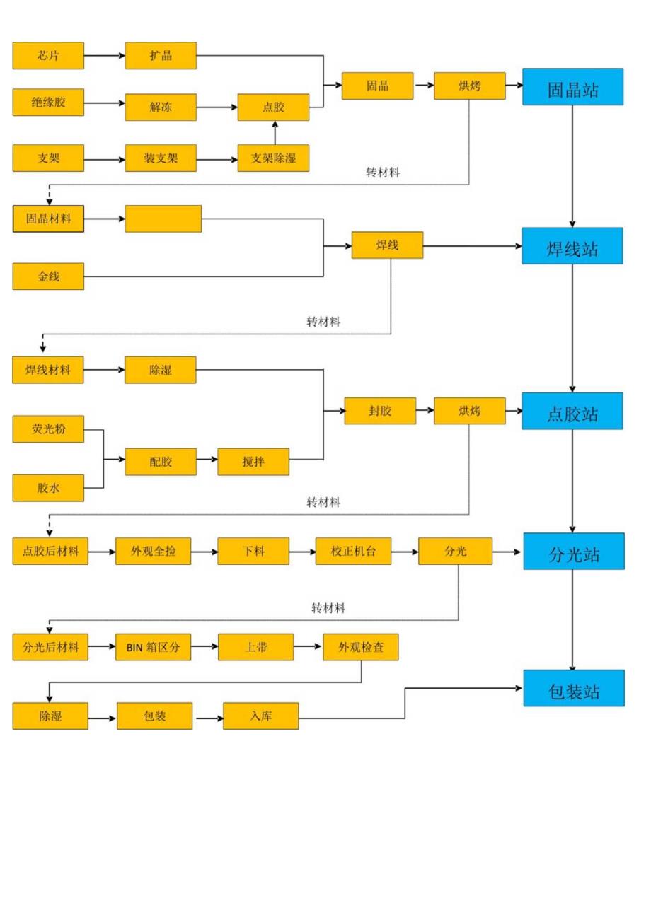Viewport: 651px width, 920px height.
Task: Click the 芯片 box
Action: click(x=48, y=56)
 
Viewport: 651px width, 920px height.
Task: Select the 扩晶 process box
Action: click(x=161, y=56)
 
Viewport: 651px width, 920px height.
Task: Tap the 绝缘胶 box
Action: click(x=48, y=103)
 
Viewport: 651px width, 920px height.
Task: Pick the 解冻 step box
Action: click(x=161, y=107)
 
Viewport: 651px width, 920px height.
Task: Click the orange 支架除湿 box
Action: click(x=273, y=158)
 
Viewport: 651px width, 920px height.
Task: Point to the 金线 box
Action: click(x=48, y=276)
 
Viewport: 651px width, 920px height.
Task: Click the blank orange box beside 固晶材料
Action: click(x=163, y=219)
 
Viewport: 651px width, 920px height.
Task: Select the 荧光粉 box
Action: click(x=48, y=429)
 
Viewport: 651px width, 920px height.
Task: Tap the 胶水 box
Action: click(x=48, y=488)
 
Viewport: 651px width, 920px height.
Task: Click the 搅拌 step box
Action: click(x=253, y=462)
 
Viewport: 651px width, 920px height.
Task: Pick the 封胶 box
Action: click(x=380, y=411)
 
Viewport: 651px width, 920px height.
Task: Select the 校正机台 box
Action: click(x=353, y=552)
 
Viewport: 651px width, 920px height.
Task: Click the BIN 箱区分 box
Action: click(x=154, y=647)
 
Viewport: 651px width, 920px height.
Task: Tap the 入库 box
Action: click(x=260, y=716)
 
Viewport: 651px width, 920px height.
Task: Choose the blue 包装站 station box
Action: click(x=574, y=688)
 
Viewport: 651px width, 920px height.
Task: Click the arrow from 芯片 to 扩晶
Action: click(x=105, y=56)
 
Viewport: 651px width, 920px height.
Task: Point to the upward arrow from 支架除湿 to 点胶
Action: click(x=275, y=133)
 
